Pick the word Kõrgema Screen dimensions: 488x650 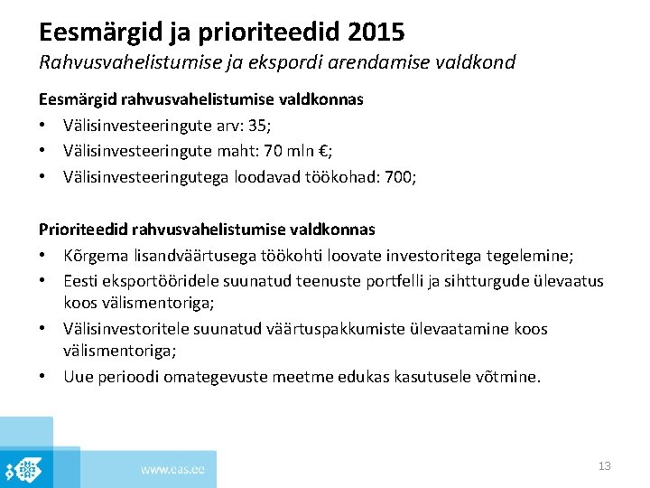click(96, 257)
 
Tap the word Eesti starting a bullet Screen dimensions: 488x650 click(81, 282)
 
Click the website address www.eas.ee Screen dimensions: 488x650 click(172, 469)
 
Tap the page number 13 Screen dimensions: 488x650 click(605, 466)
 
